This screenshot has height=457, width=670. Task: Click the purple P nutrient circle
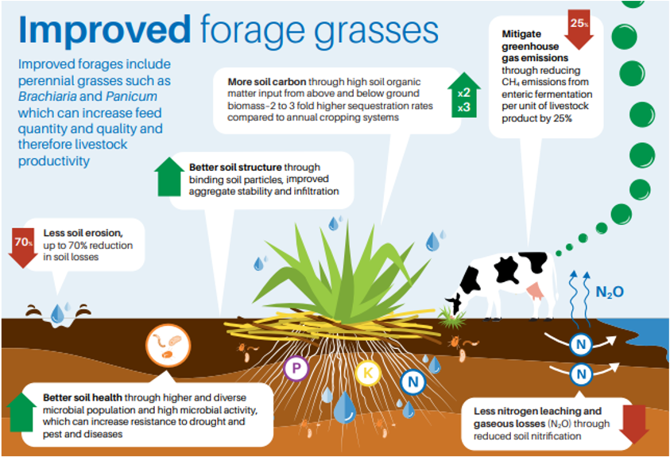click(x=296, y=368)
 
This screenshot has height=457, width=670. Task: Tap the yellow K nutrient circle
click(x=367, y=373)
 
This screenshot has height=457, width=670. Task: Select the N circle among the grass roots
click(x=412, y=381)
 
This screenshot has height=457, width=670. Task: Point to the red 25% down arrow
click(x=579, y=29)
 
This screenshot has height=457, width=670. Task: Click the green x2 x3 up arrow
click(x=464, y=95)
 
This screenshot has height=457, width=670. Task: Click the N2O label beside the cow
click(x=610, y=292)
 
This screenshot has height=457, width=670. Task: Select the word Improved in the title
click(x=105, y=29)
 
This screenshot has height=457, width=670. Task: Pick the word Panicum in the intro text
click(x=132, y=97)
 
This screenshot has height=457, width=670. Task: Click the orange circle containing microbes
click(x=168, y=346)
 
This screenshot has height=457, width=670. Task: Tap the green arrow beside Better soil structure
click(x=169, y=176)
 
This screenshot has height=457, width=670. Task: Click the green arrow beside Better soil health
click(x=21, y=412)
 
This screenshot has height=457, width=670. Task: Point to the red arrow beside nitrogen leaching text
click(x=634, y=424)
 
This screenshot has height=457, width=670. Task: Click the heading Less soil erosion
click(x=83, y=233)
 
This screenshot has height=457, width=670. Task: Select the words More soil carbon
click(x=266, y=82)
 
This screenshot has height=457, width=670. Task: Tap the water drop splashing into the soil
click(x=57, y=314)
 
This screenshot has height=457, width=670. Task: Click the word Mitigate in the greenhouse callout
click(x=521, y=33)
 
